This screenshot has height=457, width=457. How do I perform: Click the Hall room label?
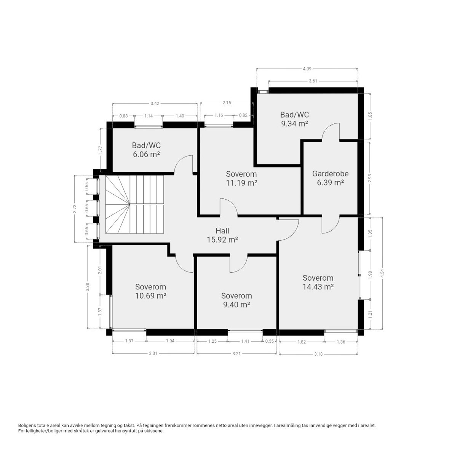coord(222,230)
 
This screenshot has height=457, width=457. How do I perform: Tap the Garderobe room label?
coord(330,174)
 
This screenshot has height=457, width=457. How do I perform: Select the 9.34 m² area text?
coord(294,123)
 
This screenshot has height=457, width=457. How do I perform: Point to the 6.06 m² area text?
coord(146,154)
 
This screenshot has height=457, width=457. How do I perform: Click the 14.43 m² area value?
coord(318,287)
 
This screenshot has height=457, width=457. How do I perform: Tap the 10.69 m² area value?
coord(150,296)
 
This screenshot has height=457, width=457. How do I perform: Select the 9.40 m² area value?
coord(236,305)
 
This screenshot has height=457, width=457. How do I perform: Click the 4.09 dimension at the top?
coord(307,69)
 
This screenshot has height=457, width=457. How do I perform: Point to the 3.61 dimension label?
coord(313,81)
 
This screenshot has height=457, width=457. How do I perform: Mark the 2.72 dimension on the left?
coord(75,208)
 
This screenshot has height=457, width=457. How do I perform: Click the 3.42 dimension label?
coord(155,103)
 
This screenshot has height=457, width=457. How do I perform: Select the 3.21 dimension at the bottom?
coord(236,354)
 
